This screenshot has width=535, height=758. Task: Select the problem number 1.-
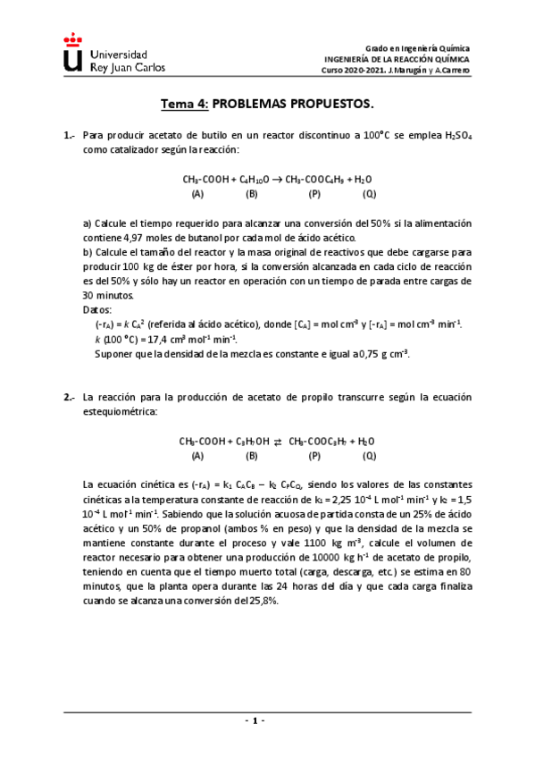[69, 135]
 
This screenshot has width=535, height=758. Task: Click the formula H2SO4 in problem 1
[457, 136]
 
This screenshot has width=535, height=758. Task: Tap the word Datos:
[97, 308]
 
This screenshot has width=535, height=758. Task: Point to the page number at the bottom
[254, 720]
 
